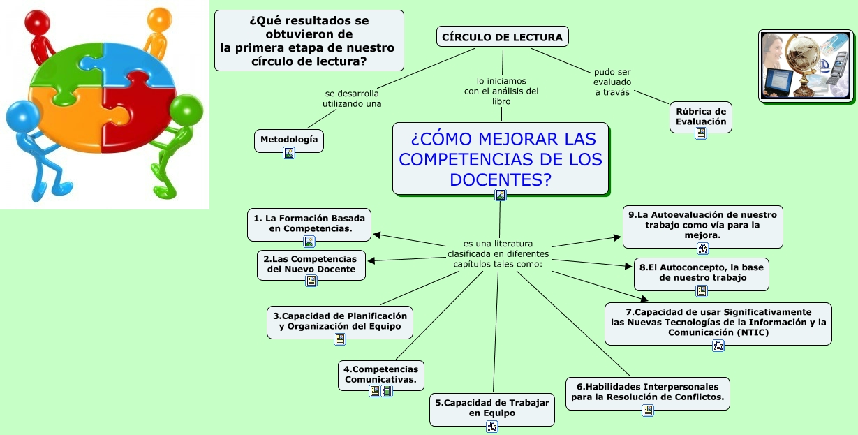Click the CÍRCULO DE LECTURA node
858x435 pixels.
coord(502,37)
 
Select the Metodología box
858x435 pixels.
coord(288,140)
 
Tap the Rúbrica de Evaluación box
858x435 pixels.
coord(700,117)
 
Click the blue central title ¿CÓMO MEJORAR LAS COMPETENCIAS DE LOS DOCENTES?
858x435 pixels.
coord(500,158)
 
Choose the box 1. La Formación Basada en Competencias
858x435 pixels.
coord(309,223)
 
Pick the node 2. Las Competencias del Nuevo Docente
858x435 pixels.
coord(311,264)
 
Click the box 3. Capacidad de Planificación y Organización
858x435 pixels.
coord(340,321)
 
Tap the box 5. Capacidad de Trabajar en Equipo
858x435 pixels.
coord(491,408)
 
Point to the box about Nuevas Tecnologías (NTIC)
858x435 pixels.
coord(718,322)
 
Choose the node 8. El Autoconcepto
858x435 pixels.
coord(701,272)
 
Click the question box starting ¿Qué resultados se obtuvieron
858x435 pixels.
coord(309,40)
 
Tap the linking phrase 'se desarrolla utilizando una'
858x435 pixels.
coord(352,98)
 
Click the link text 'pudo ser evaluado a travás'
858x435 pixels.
coord(612,82)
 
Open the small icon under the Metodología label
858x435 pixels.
coord(289,153)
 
